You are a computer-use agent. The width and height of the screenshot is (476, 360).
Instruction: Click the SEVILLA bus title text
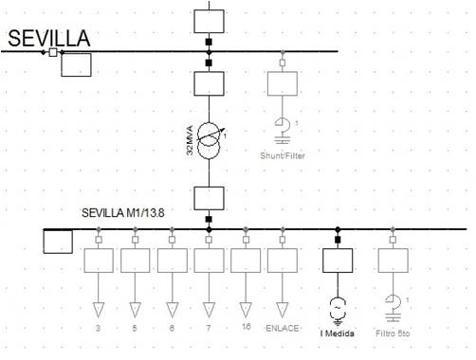(48, 38)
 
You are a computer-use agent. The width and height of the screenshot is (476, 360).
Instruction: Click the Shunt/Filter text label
(283, 155)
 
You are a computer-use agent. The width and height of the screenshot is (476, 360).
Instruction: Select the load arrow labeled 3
(98, 308)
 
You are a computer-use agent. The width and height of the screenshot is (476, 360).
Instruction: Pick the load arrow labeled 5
(135, 308)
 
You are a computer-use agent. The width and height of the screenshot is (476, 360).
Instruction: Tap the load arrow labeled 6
(172, 308)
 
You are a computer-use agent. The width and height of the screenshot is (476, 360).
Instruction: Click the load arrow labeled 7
(209, 308)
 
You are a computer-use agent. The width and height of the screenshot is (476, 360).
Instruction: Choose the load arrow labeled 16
(246, 308)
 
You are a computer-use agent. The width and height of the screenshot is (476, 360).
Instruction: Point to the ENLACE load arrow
(283, 308)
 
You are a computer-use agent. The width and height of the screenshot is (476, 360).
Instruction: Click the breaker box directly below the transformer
(209, 199)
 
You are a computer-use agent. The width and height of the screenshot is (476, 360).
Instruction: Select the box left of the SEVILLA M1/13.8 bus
(59, 243)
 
